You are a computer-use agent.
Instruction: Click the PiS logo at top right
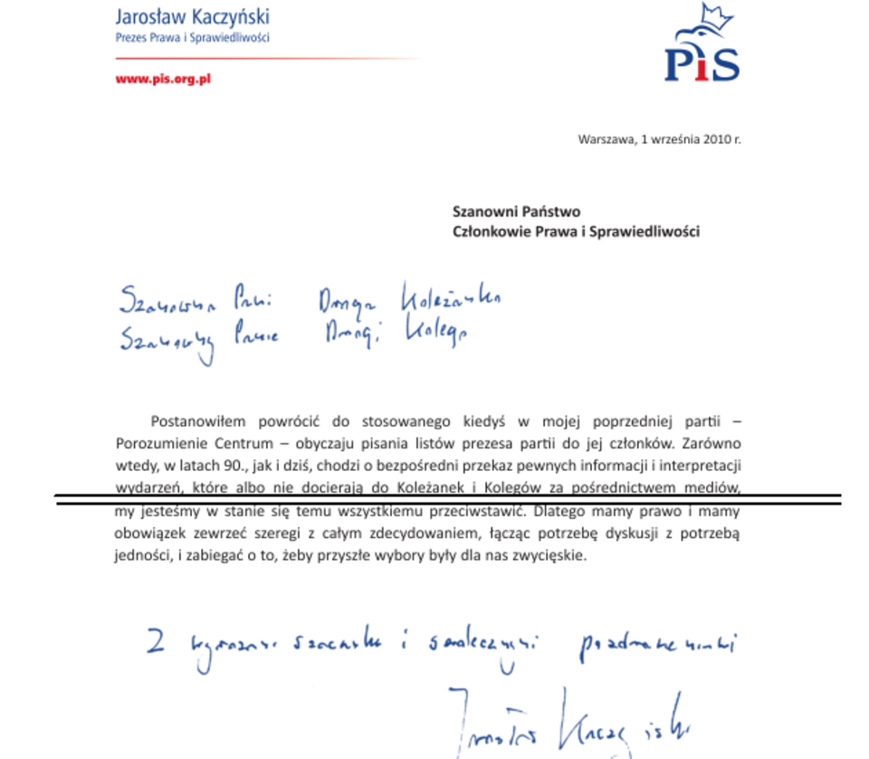702,54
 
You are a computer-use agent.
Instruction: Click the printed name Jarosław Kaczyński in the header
193,16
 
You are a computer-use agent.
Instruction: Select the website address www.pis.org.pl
163,79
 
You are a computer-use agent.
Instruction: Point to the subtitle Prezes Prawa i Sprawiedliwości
193,38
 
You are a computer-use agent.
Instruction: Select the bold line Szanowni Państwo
516,211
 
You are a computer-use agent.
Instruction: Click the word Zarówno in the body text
712,444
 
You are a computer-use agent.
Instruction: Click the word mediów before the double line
714,489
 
